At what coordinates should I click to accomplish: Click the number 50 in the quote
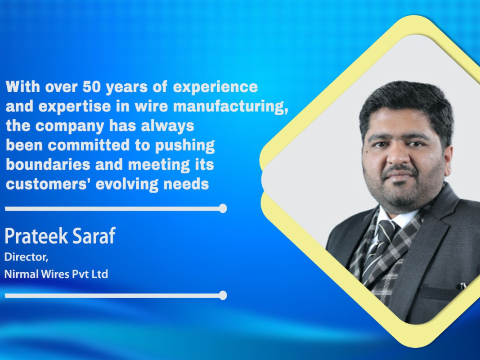(x=91, y=87)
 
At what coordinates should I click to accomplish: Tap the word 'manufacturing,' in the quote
(x=231, y=107)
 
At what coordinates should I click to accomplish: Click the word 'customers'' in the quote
(x=49, y=184)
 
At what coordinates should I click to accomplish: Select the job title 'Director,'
(x=27, y=257)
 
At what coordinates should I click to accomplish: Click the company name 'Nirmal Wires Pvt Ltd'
(x=56, y=274)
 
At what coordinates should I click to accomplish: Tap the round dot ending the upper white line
(x=223, y=208)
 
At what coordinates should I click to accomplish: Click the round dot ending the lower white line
(x=223, y=295)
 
